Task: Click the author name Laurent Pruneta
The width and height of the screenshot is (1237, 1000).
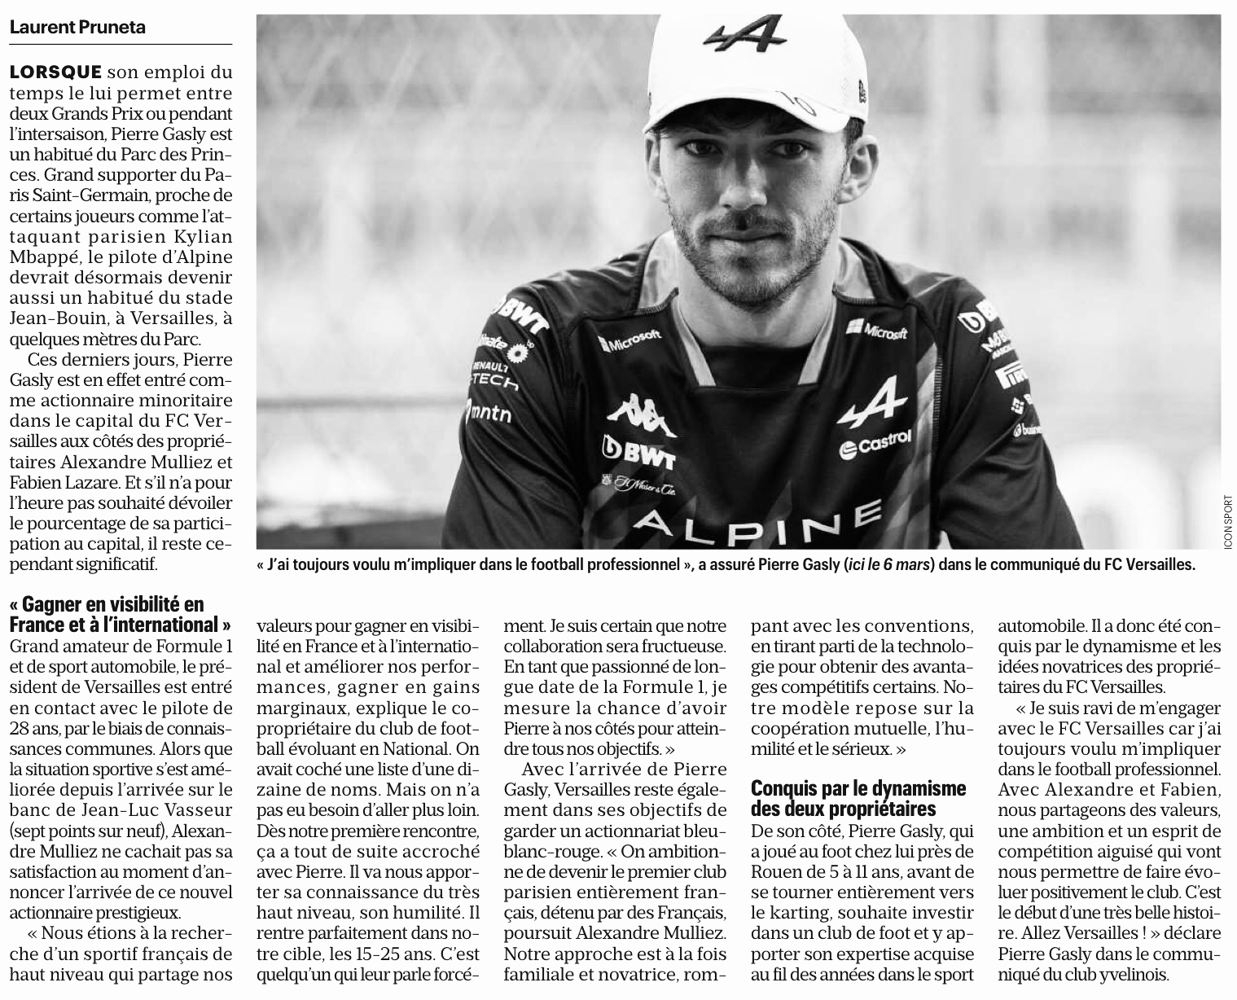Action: [x=77, y=26]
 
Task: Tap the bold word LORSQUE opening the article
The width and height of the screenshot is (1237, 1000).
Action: [x=56, y=72]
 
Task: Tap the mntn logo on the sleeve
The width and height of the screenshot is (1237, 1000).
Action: [x=490, y=413]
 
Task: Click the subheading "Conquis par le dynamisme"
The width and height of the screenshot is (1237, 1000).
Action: [x=858, y=798]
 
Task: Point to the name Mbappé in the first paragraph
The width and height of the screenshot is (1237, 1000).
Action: [x=41, y=257]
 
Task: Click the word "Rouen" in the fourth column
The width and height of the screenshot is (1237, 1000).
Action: [x=776, y=871]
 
